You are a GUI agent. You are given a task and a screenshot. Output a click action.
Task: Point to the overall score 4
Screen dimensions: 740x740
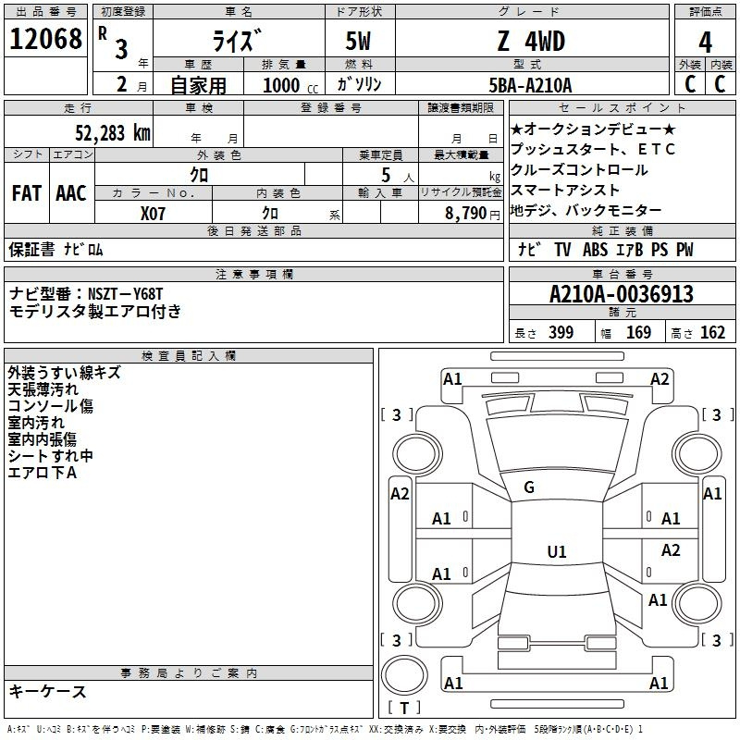(x=705, y=42)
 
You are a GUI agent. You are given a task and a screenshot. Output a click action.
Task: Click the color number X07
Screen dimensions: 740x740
(x=153, y=213)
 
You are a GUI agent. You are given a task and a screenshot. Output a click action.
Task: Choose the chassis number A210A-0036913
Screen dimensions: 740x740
(x=621, y=294)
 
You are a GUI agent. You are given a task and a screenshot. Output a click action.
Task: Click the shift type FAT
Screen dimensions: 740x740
(x=27, y=193)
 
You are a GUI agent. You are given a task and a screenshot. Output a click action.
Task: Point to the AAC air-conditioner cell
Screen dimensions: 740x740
(x=71, y=193)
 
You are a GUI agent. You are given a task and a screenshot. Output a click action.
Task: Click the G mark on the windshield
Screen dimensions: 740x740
(x=529, y=487)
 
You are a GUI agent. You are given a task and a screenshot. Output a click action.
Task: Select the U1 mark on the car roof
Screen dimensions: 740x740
(x=556, y=552)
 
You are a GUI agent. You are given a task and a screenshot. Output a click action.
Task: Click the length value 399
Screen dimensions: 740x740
(x=561, y=333)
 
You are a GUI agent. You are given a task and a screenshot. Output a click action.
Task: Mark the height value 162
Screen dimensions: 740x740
(x=711, y=333)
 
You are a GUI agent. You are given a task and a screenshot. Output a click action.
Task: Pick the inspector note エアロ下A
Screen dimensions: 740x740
(x=42, y=473)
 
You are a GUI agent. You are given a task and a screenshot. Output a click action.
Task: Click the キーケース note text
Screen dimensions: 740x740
(x=47, y=691)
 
